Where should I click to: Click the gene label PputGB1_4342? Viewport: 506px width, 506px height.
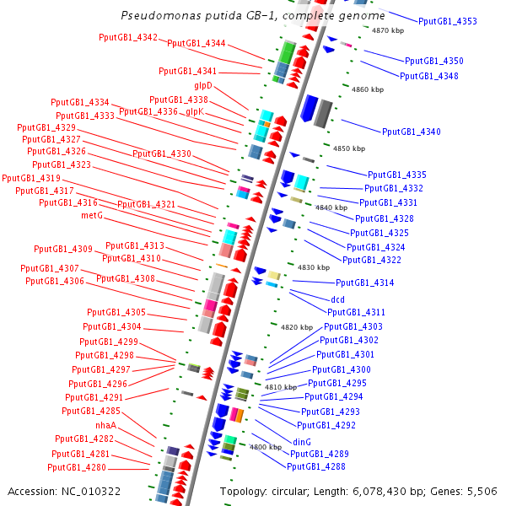pos(128,37)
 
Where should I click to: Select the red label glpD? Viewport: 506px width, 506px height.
pos(202,86)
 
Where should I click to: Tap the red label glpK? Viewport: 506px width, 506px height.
pos(195,111)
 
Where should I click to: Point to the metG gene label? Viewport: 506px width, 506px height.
pos(91,215)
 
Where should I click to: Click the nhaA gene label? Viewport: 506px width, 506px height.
pos(105,425)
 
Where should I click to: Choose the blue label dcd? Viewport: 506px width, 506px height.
pos(337,299)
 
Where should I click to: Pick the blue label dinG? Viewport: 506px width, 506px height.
pos(302,441)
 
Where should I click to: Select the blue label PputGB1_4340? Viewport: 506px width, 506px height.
pos(412,132)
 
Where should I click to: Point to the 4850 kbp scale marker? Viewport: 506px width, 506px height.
pos(349,148)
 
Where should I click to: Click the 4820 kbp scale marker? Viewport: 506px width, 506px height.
pos(296,327)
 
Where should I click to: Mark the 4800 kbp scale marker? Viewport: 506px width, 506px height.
pos(265,447)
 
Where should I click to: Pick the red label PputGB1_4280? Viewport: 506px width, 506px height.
pos(77,467)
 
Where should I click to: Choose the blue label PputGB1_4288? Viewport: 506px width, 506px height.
pos(316,466)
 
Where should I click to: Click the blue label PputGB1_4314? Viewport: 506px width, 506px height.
pos(365,283)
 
